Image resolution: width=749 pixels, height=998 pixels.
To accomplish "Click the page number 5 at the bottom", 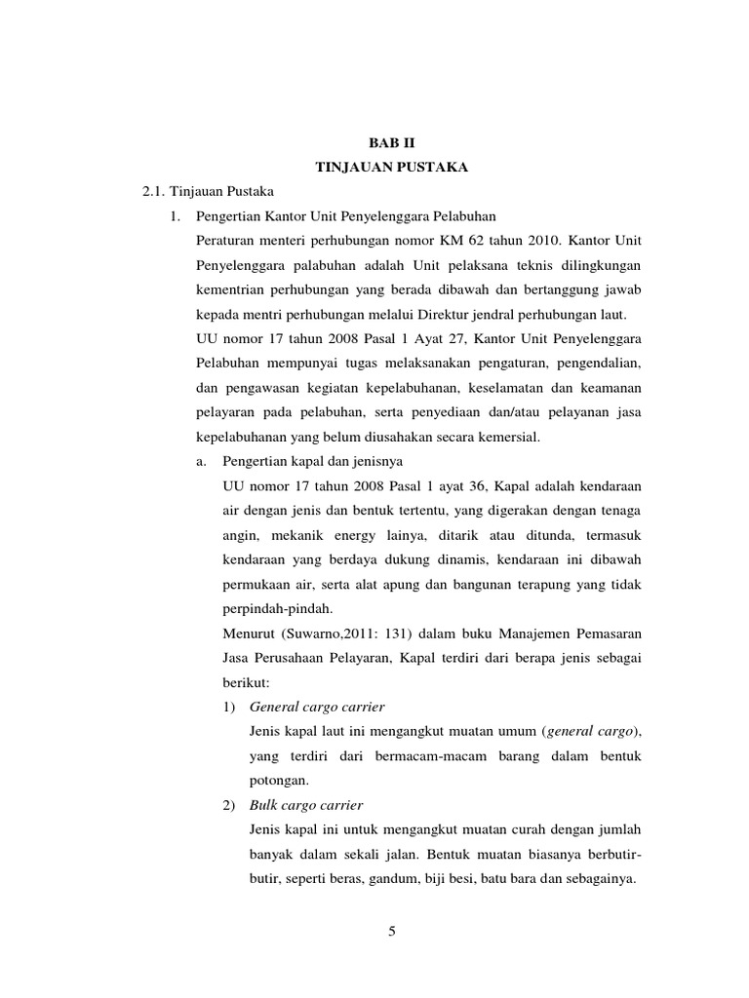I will coord(392,932).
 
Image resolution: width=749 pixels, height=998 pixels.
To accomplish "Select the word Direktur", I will coord(433,316).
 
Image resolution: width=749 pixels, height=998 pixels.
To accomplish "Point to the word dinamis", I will coord(459,561).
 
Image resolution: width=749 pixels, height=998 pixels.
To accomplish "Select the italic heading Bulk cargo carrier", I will coord(306,805).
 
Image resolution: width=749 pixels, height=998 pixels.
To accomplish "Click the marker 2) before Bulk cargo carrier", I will coord(230,805).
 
